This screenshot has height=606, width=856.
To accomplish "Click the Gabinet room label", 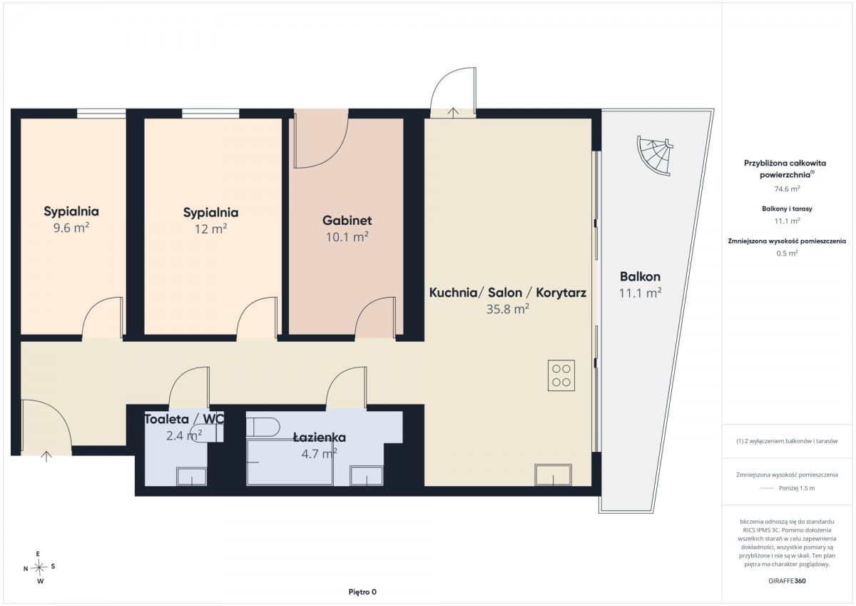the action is click(347, 221).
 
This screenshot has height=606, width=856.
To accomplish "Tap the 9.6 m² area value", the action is click(71, 228).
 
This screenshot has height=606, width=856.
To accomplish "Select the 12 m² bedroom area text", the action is click(211, 228).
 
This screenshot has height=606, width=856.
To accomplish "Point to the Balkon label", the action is click(640, 276).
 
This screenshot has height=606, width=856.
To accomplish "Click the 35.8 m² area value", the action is click(507, 309).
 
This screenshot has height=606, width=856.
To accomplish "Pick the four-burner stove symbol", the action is click(561, 375).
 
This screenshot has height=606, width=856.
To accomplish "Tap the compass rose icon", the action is click(39, 567).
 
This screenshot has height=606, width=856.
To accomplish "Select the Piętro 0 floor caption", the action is click(362, 592).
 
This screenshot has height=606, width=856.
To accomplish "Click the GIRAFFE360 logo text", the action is click(787, 581).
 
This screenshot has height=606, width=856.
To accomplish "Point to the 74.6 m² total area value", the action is click(788, 189).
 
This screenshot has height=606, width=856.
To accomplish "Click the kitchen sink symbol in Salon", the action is click(554, 475).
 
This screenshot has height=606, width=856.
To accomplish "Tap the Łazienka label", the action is click(320, 438).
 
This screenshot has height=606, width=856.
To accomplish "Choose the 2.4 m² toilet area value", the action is click(184, 435).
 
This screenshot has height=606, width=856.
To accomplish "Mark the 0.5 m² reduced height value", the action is click(788, 253).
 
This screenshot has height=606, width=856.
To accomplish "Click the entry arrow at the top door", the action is click(453, 113).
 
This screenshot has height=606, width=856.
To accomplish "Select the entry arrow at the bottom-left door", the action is click(46, 457).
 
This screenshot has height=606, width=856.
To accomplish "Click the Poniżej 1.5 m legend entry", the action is click(796, 488).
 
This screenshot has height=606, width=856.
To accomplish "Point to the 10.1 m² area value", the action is click(347, 237).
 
